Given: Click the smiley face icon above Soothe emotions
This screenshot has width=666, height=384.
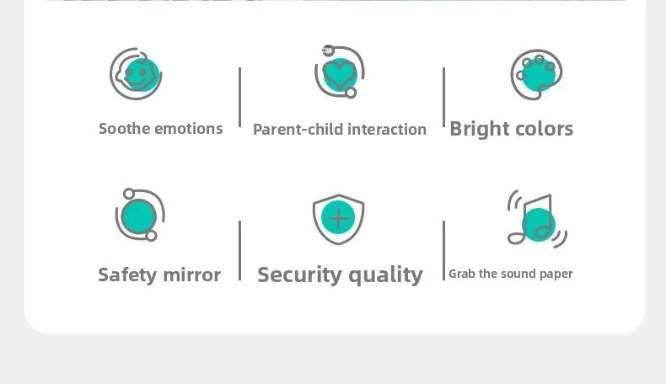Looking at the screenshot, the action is pyautogui.click(x=136, y=74).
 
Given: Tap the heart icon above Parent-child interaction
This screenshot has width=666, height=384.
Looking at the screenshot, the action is pyautogui.click(x=340, y=72).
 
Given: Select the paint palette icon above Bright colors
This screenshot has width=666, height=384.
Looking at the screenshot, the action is pyautogui.click(x=536, y=74).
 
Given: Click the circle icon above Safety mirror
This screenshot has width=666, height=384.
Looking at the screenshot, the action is pyautogui.click(x=140, y=215).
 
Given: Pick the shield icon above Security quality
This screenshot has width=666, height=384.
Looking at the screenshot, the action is pyautogui.click(x=339, y=219).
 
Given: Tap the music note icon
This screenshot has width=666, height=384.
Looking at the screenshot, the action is pyautogui.click(x=537, y=219).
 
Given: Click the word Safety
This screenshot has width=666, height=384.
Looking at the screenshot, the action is pyautogui.click(x=127, y=275).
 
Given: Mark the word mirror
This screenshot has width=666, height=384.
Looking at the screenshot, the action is pyautogui.click(x=192, y=275).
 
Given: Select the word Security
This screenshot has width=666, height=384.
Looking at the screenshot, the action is pyautogui.click(x=299, y=275).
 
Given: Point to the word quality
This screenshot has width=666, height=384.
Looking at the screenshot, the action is pyautogui.click(x=385, y=275).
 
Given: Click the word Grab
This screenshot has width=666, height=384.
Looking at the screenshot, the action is pyautogui.click(x=462, y=274).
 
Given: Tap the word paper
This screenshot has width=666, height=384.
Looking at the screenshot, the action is pyautogui.click(x=556, y=274).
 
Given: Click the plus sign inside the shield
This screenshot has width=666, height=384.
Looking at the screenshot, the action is pyautogui.click(x=339, y=218).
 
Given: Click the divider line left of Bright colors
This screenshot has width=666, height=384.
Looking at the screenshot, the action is pyautogui.click(x=443, y=97).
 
